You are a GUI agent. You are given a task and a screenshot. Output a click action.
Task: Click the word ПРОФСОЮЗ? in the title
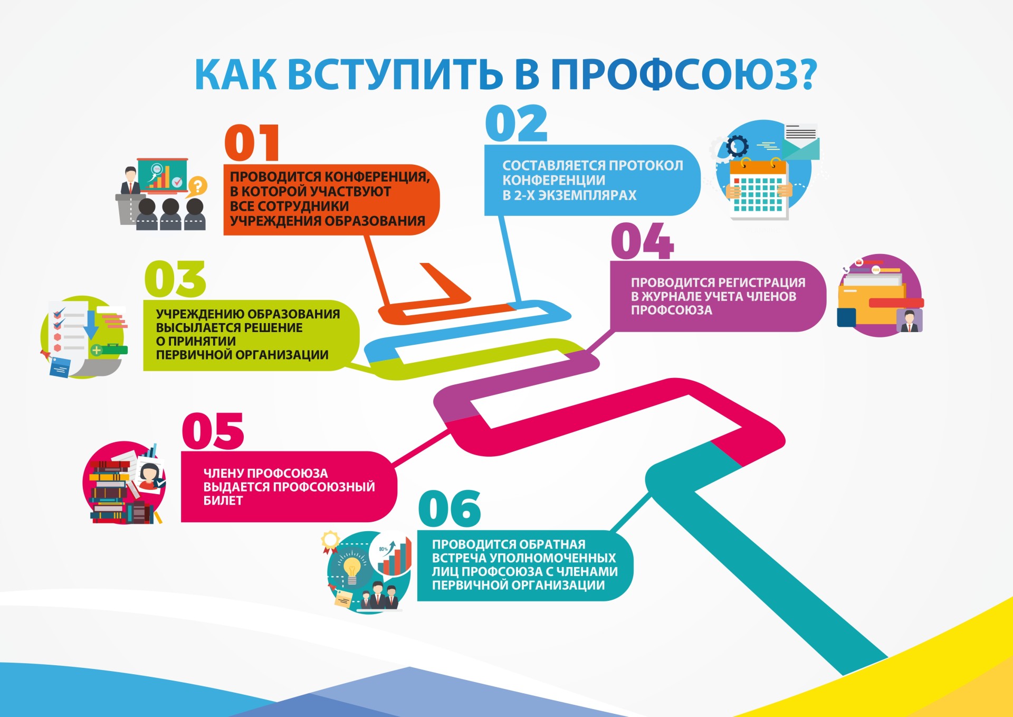[x=684, y=74]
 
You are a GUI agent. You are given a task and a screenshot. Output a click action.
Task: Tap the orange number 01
[x=252, y=143]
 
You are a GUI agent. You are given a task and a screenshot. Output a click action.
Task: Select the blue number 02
[x=516, y=124]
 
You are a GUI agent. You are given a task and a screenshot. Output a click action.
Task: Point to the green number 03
[x=175, y=279]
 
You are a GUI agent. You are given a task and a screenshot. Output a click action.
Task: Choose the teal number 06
[x=450, y=508]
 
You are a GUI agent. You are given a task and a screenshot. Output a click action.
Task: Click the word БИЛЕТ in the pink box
[x=223, y=500]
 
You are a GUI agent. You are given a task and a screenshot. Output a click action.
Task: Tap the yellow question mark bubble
[x=198, y=186]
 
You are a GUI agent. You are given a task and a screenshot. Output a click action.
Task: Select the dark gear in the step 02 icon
[x=737, y=146]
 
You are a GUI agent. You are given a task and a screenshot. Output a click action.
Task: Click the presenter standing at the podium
[x=130, y=181]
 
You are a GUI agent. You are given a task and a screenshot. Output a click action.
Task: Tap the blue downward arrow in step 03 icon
[x=91, y=325]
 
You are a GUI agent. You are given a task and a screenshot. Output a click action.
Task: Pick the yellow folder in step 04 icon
[x=871, y=304]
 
